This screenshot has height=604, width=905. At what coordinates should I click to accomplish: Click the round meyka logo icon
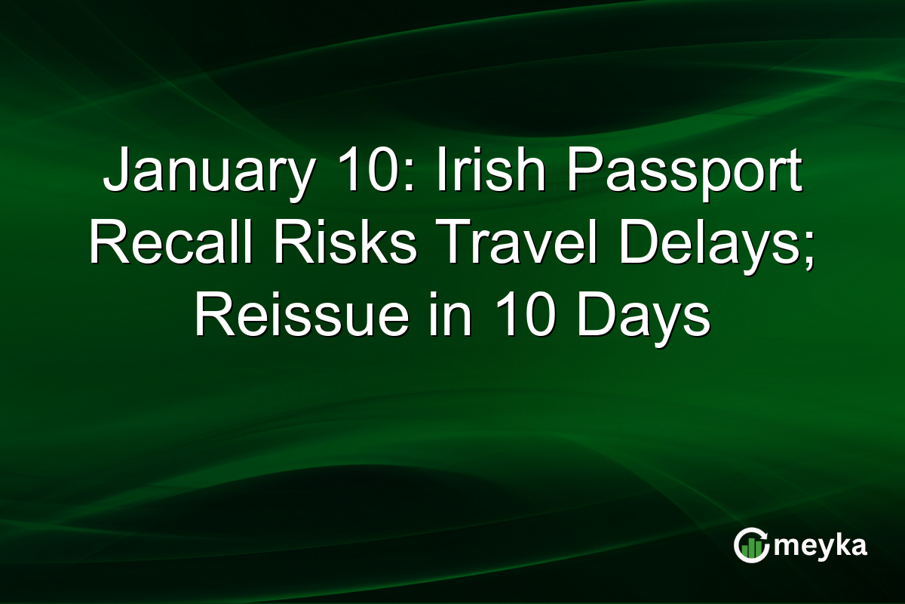pos(751,546)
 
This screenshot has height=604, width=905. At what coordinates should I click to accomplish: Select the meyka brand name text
pos(822,546)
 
